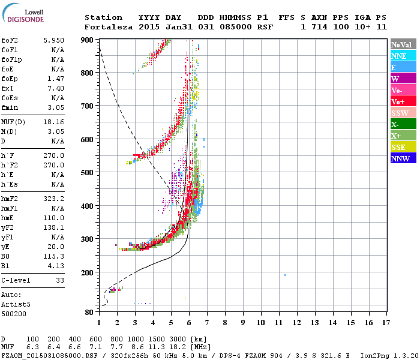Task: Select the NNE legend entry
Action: point(403,56)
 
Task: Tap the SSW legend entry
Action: point(403,113)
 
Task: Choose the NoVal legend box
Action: point(403,44)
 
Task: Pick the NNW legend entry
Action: point(403,158)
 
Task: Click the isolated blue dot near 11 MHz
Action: point(285,275)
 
